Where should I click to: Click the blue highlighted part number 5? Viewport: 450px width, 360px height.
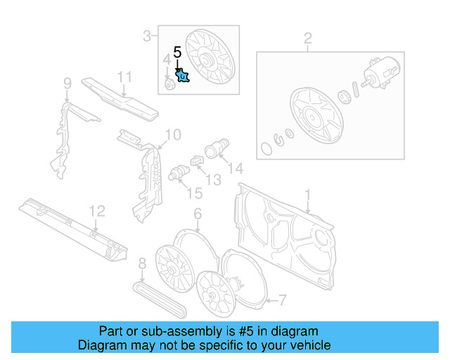pyautogui.click(x=183, y=75)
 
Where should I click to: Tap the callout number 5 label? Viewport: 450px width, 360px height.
pyautogui.click(x=177, y=52)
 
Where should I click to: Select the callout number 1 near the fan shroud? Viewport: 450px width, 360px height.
pyautogui.click(x=307, y=194)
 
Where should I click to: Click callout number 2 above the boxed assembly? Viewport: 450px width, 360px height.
pyautogui.click(x=307, y=37)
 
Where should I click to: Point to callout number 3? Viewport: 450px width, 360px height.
pyautogui.click(x=147, y=36)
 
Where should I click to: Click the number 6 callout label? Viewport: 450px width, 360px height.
pyautogui.click(x=198, y=213)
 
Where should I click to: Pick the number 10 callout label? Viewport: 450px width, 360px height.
pyautogui.click(x=173, y=134)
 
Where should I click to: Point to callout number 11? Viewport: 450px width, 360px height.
pyautogui.click(x=124, y=77)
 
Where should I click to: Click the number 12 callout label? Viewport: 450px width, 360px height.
pyautogui.click(x=96, y=210)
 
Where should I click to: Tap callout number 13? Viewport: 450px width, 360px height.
pyautogui.click(x=212, y=180)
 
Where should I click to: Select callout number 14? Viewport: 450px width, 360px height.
pyautogui.click(x=235, y=168)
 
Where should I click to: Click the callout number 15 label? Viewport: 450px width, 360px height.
pyautogui.click(x=194, y=193)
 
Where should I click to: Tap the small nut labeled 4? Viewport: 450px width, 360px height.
pyautogui.click(x=169, y=85)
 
